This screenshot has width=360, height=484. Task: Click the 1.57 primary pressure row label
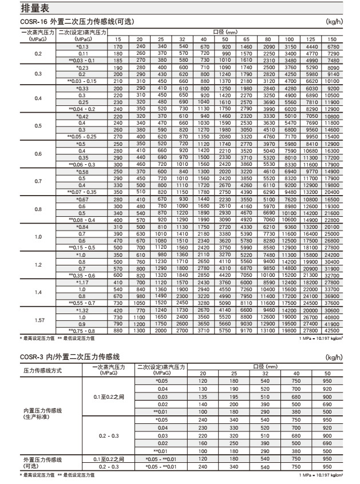tap(39, 320)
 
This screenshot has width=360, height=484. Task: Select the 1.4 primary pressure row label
tap(39, 292)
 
